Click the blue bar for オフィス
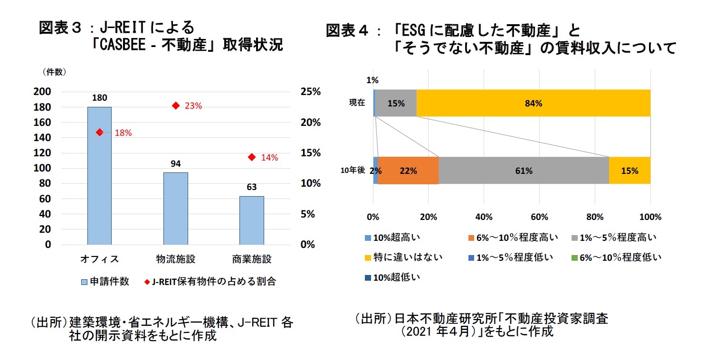99,176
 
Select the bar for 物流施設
175,208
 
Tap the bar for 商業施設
251,220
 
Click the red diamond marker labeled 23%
175,105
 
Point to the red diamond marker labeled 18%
99,133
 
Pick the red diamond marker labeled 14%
251,157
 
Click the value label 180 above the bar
99,98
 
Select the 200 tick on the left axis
44,92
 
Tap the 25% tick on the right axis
311,92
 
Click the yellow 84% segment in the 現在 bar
533,103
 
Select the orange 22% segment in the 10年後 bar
408,171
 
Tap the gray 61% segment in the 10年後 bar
524,171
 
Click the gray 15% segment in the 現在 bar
396,103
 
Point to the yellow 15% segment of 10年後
630,171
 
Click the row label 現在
356,103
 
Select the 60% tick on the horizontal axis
539,218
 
